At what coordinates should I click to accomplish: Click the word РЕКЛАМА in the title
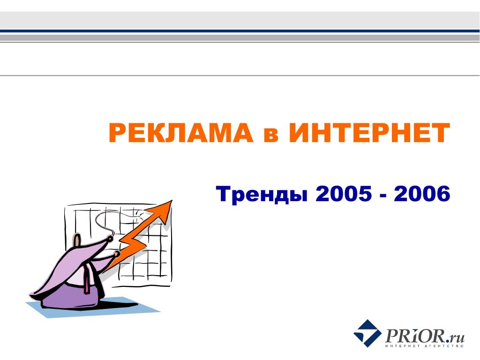click(181, 133)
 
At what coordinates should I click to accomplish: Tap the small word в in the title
click(271, 135)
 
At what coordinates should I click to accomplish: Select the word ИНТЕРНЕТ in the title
click(369, 133)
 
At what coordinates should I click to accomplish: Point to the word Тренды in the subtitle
click(262, 194)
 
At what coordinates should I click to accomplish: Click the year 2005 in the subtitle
click(344, 194)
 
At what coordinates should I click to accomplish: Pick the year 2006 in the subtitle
click(422, 194)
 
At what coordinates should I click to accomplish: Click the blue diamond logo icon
click(367, 333)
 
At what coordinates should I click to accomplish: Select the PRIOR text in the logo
click(415, 336)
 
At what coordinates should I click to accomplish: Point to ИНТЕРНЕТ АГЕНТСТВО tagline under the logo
click(425, 346)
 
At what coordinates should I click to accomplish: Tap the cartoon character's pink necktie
click(87, 278)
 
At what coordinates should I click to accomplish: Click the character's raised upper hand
click(110, 238)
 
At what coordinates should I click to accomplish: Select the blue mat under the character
click(92, 307)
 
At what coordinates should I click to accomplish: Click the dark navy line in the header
click(240, 31)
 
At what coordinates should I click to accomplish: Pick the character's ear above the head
click(76, 239)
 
